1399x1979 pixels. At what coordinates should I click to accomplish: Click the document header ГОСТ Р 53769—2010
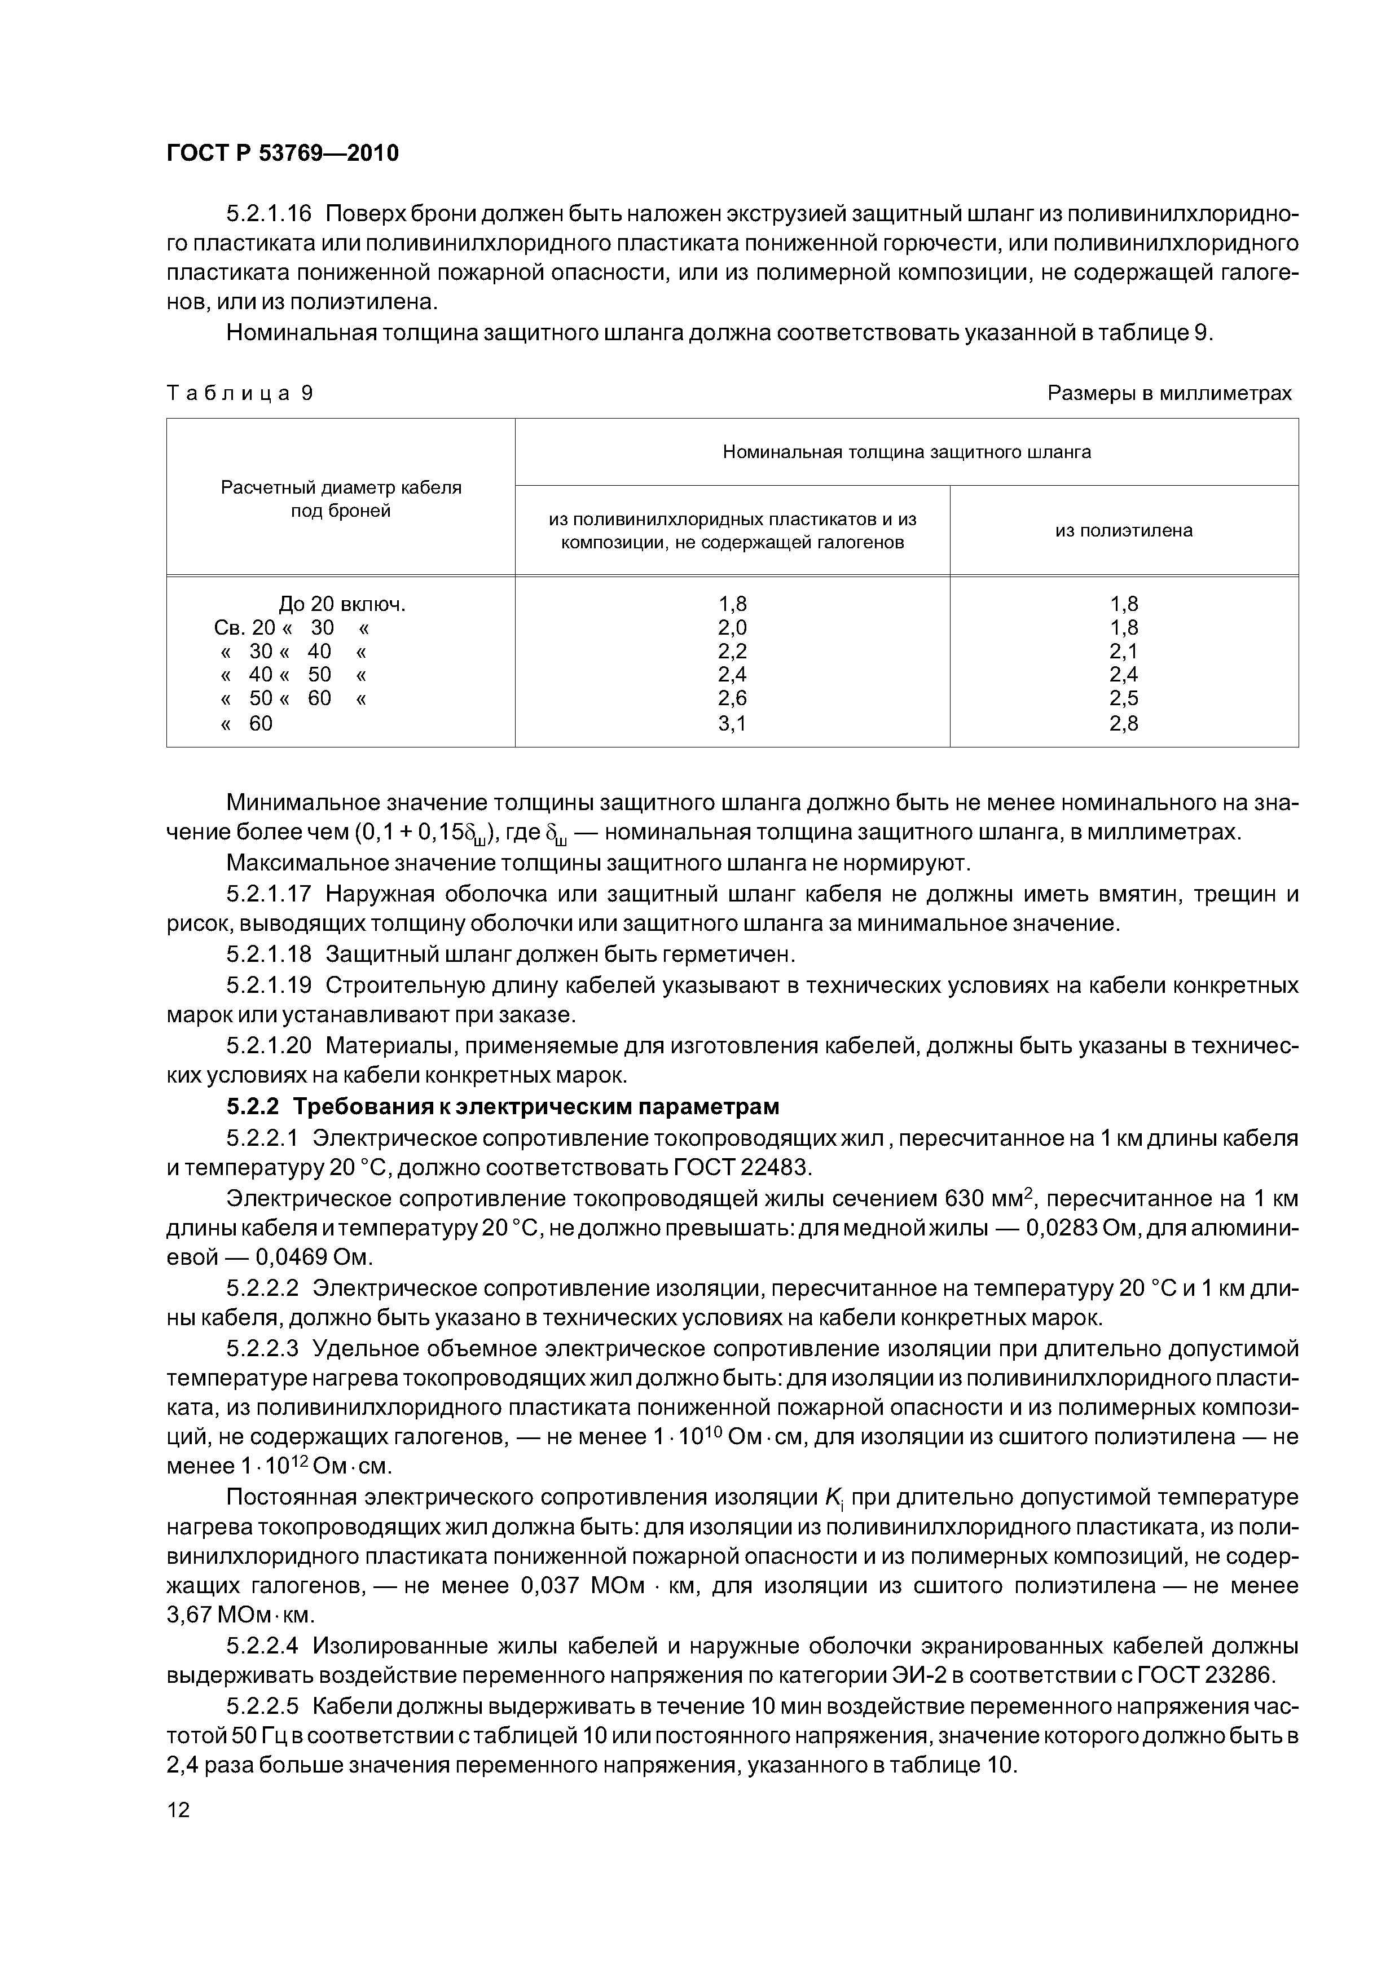[x=282, y=153]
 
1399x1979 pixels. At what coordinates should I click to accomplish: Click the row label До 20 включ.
[x=341, y=604]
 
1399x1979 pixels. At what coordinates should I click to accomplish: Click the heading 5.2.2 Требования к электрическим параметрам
[x=503, y=1106]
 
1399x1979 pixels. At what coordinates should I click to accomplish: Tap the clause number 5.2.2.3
[x=262, y=1348]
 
